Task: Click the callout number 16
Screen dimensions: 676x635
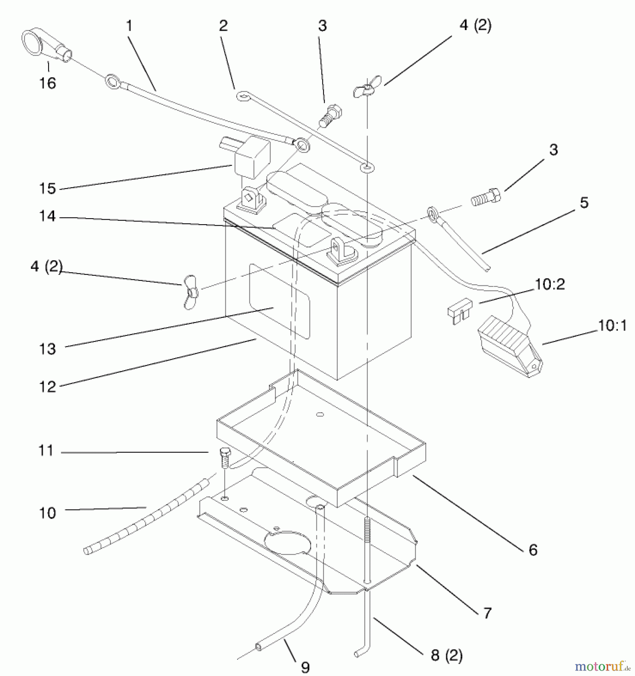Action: pyautogui.click(x=48, y=83)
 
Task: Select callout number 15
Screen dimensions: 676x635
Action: pyautogui.click(x=48, y=189)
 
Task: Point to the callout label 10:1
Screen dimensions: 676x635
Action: pyautogui.click(x=612, y=326)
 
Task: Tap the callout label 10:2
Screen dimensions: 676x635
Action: pyautogui.click(x=550, y=285)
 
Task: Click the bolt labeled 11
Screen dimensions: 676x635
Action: pyautogui.click(x=224, y=457)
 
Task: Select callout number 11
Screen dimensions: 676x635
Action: pyautogui.click(x=46, y=450)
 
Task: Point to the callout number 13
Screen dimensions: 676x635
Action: pyautogui.click(x=48, y=349)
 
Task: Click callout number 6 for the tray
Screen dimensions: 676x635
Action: pyautogui.click(x=533, y=550)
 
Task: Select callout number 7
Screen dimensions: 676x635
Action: pyautogui.click(x=487, y=613)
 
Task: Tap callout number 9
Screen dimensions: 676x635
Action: pyautogui.click(x=305, y=667)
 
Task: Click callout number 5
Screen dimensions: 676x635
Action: pyautogui.click(x=584, y=203)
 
